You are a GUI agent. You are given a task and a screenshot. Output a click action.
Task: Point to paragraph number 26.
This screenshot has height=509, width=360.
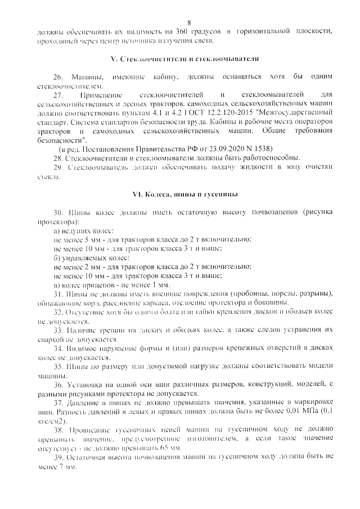pos(58,76)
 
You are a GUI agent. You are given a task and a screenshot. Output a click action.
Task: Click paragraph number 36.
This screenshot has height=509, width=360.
pos(58,385)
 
